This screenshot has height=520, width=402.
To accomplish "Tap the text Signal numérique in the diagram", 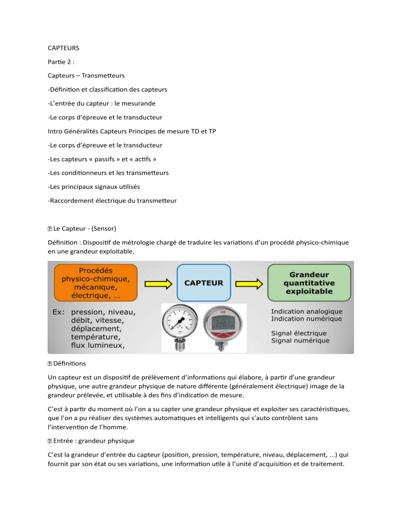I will (x=300, y=341).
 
